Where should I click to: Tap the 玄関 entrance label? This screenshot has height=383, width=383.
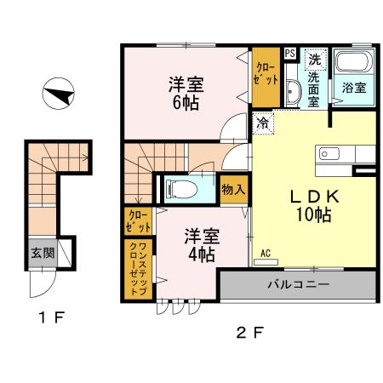pos(40,252)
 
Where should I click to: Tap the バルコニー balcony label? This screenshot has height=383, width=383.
pos(297,284)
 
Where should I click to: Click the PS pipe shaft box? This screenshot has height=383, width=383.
pos(290,54)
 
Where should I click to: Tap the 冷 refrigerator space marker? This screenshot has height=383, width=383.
pos(262,122)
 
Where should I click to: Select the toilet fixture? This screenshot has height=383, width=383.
pos(184,188)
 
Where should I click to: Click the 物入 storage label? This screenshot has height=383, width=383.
pos(232,189)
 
